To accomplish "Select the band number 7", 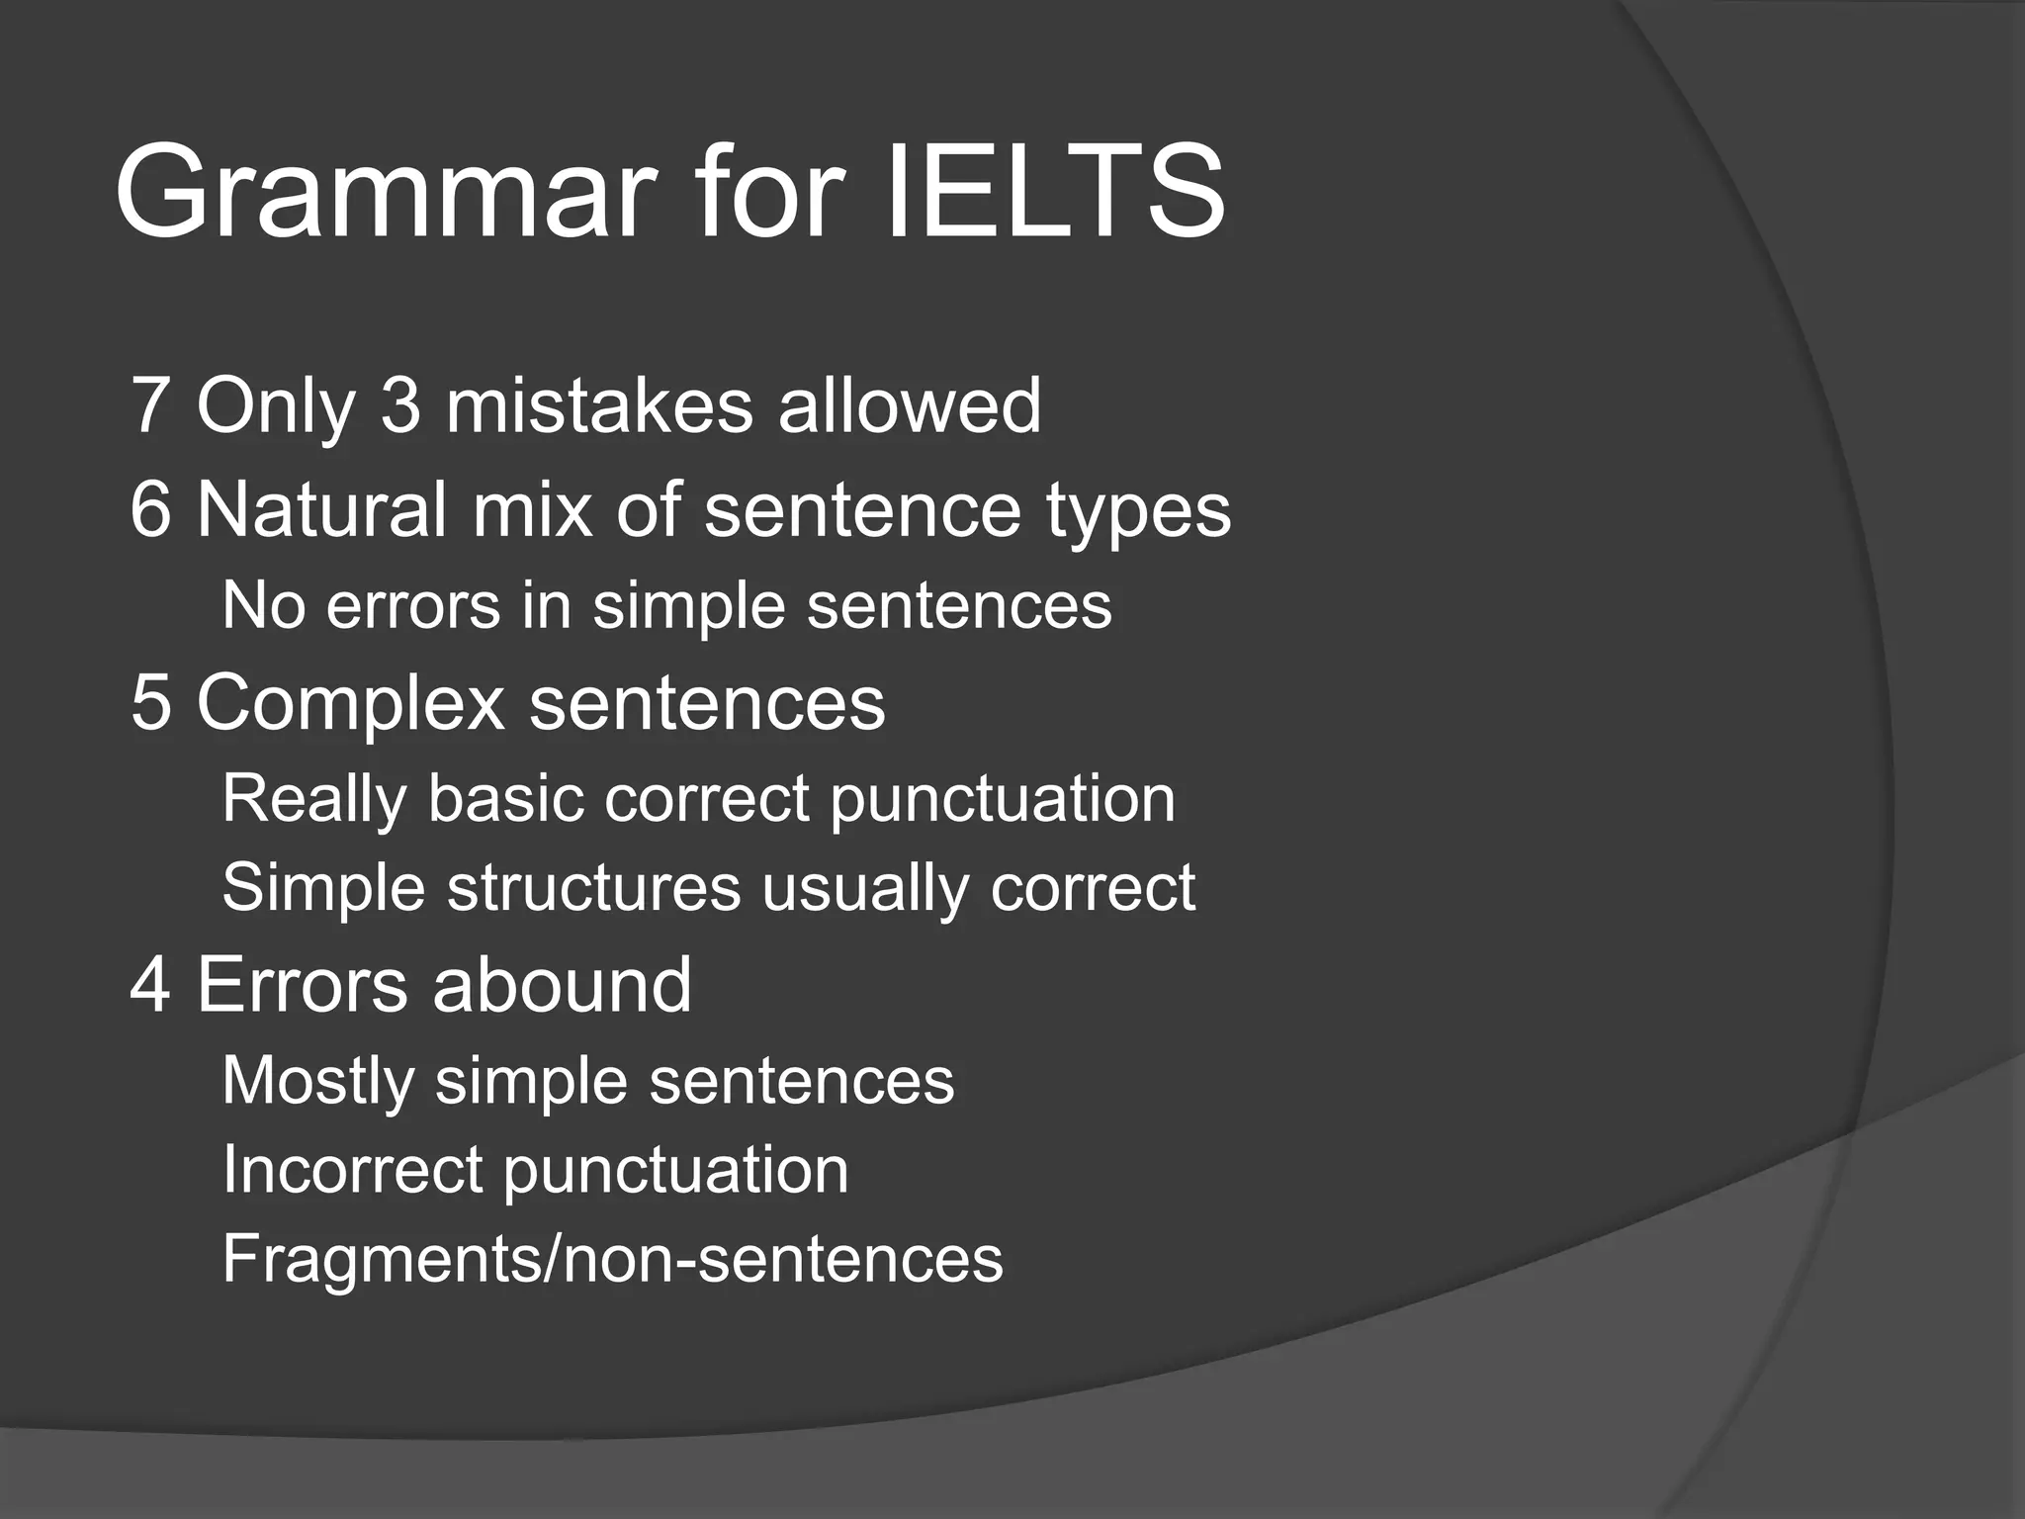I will [x=149, y=405].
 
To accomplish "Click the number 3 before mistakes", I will [x=400, y=405].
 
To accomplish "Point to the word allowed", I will [x=909, y=405].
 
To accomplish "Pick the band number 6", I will [x=150, y=509].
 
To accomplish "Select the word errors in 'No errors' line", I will [x=413, y=606].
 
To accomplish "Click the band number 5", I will [x=150, y=702].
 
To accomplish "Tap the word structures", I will [x=593, y=888].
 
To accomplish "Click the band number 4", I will [x=150, y=985].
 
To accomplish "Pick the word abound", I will [x=562, y=985].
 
